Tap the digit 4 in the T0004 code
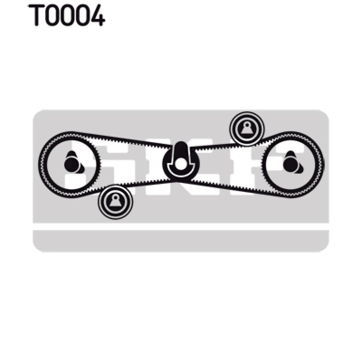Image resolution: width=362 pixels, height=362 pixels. [97, 15]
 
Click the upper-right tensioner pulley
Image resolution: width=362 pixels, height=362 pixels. [247, 129]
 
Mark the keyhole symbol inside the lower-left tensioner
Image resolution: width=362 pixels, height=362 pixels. [115, 200]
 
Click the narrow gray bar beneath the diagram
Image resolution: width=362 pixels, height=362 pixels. [181, 241]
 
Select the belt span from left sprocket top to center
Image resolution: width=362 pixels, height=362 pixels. [122, 139]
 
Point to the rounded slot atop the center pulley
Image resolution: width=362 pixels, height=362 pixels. [181, 150]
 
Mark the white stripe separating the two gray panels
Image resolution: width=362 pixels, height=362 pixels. [181, 226]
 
